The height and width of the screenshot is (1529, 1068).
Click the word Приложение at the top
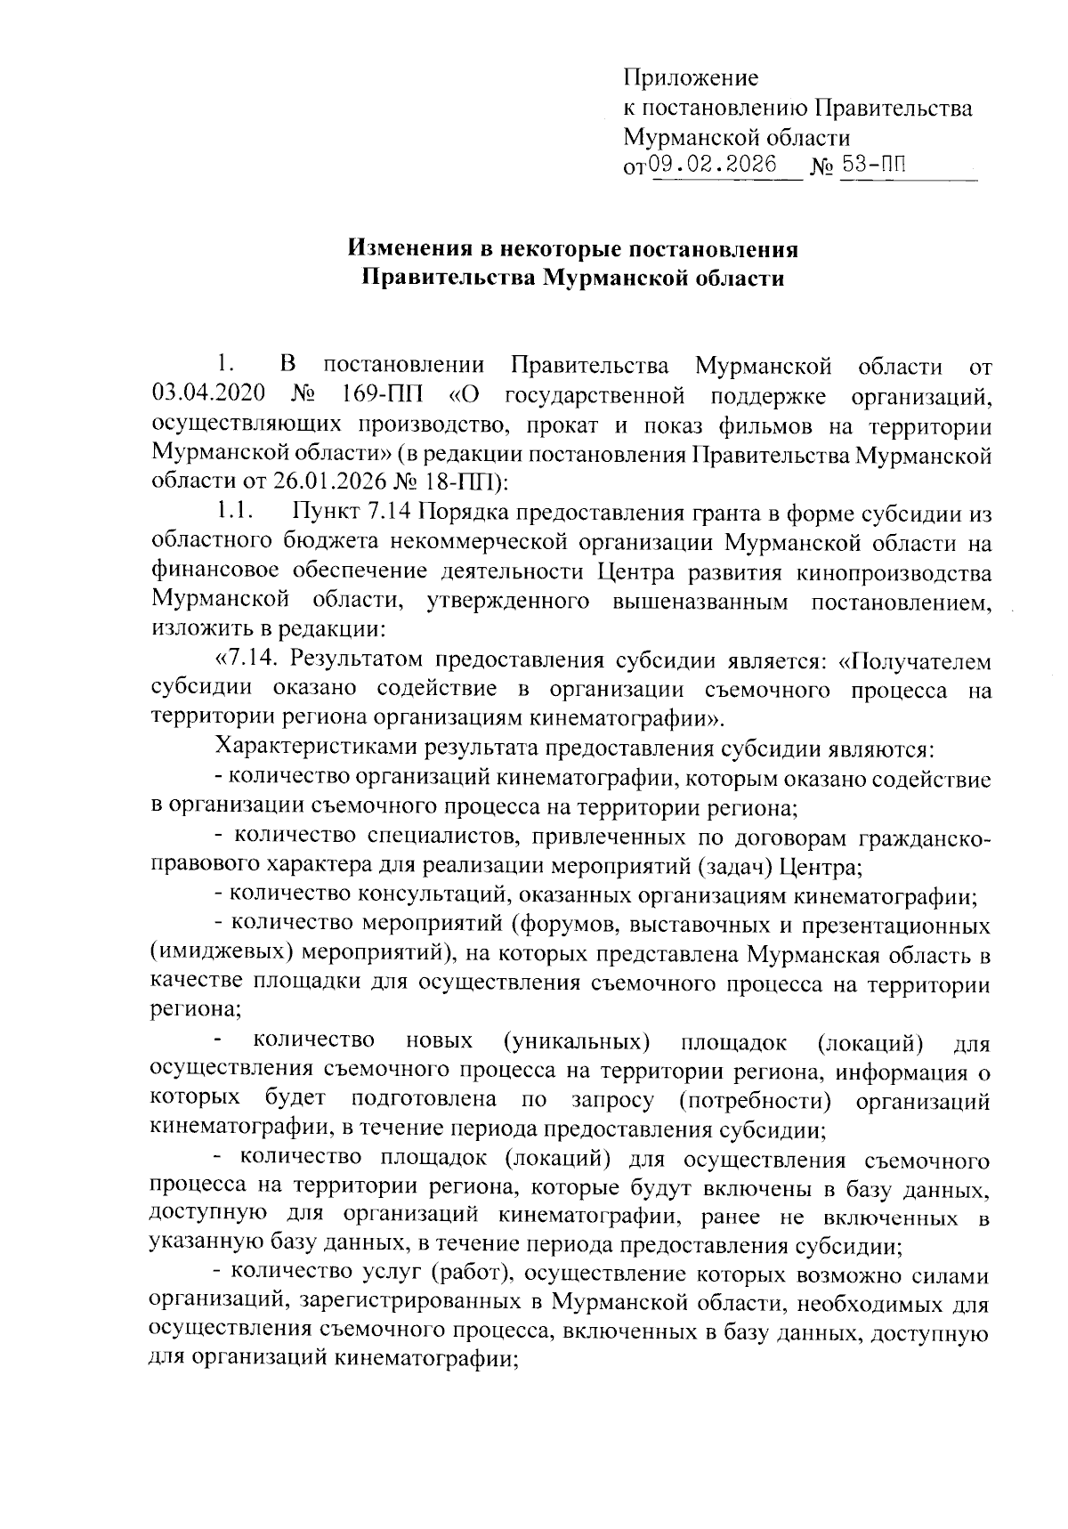click(691, 78)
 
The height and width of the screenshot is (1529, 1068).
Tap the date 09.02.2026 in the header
click(712, 165)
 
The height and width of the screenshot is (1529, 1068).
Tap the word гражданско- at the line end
click(924, 837)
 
